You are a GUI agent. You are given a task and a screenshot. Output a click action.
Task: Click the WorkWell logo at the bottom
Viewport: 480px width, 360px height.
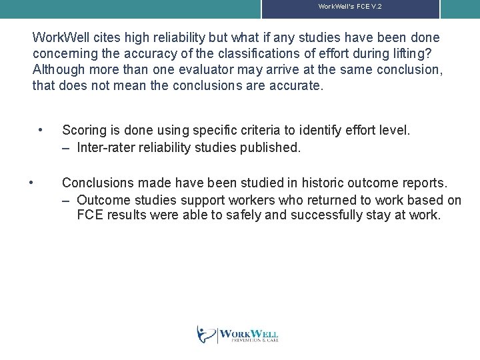tap(238, 334)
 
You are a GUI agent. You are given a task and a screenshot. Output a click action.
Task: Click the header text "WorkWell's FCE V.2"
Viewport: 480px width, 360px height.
tap(350, 7)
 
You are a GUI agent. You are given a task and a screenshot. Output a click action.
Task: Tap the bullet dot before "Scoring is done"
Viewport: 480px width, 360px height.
tap(41, 130)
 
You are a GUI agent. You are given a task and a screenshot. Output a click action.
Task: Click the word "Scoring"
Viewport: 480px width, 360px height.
tap(85, 131)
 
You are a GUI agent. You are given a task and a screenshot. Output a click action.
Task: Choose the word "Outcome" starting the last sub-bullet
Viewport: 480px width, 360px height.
tap(102, 200)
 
